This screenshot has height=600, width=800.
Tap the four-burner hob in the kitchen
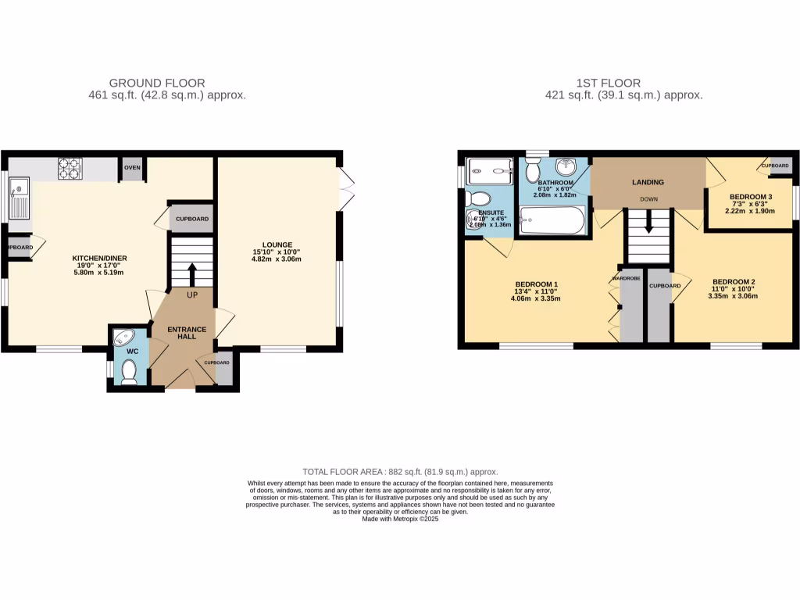[x=70, y=168]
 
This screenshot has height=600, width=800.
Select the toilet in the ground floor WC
[x=129, y=377]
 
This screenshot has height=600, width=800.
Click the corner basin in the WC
[x=123, y=338]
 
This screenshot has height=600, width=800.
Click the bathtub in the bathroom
[x=552, y=220]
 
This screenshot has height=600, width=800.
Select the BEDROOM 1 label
[x=537, y=284]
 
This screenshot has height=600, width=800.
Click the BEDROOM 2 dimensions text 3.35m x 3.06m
[x=732, y=296]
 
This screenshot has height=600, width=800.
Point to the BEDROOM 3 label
[x=751, y=196]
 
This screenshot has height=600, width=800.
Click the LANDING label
[x=648, y=182]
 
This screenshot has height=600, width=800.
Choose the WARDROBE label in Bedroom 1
[x=627, y=278]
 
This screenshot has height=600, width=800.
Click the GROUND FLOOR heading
[x=157, y=83]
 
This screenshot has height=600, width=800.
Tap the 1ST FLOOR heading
[x=608, y=83]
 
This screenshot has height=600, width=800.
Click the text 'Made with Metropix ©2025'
[x=400, y=519]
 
